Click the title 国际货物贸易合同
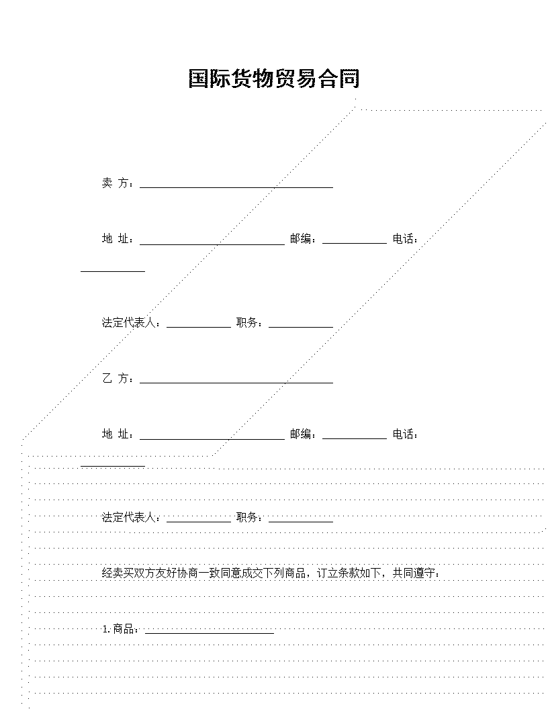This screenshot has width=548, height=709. (x=273, y=79)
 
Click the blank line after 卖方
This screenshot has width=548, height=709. (x=236, y=187)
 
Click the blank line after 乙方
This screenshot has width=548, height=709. (x=236, y=383)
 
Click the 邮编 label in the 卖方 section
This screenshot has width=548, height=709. (x=303, y=239)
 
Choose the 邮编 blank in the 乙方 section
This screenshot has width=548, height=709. (x=355, y=438)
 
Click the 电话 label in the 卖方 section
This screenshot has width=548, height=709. (x=405, y=239)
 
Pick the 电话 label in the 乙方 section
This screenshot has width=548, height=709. (x=405, y=434)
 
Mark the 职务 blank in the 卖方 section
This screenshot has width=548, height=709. (x=301, y=326)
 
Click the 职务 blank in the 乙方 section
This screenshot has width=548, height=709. (x=301, y=522)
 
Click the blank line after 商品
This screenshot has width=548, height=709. (x=210, y=633)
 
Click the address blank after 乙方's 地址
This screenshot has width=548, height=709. (x=212, y=438)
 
